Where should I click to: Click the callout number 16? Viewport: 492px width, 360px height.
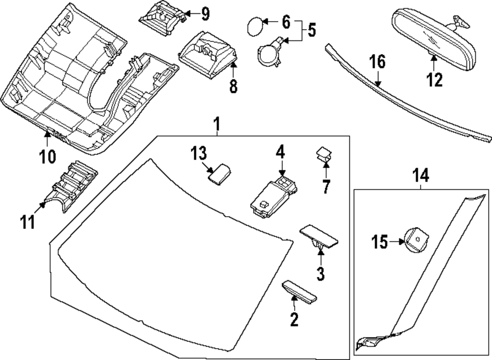point(377,63)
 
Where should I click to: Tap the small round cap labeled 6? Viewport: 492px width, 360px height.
point(254,26)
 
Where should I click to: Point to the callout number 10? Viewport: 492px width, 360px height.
point(48,157)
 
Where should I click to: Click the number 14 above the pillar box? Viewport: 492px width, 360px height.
point(421,175)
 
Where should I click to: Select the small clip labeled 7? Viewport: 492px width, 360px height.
point(324,155)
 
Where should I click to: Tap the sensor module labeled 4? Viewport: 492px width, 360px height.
point(274,196)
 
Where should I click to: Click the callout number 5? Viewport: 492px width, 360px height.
point(311,31)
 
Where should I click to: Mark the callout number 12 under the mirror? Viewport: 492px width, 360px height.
point(434,79)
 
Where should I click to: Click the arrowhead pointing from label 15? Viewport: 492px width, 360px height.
point(402,241)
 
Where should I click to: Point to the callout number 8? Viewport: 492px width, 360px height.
point(233,86)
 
